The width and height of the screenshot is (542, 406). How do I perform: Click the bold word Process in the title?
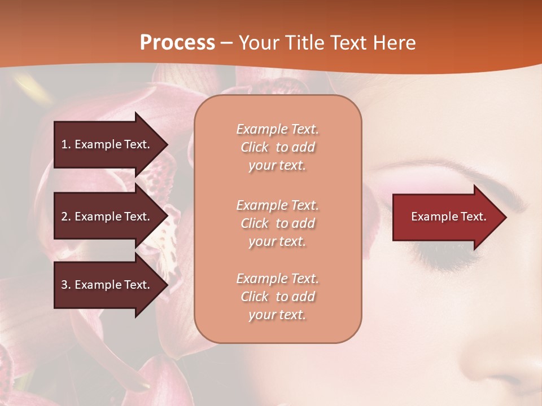coord(177,43)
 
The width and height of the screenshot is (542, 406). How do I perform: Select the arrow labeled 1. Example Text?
coord(107,144)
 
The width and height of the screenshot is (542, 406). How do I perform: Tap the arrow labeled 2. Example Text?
coord(107,217)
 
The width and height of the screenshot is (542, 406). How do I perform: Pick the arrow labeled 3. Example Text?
coord(107,285)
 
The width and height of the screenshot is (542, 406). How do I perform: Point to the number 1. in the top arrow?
coord(66,144)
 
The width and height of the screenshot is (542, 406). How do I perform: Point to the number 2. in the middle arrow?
coord(66,217)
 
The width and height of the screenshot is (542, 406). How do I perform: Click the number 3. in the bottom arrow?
coord(66,285)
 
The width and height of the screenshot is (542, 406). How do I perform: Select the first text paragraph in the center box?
coord(277,147)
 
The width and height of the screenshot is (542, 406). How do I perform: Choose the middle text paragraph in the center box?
coord(277,223)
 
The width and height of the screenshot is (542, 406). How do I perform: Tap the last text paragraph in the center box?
coord(277,297)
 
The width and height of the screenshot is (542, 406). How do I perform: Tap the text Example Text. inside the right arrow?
coord(449,217)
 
